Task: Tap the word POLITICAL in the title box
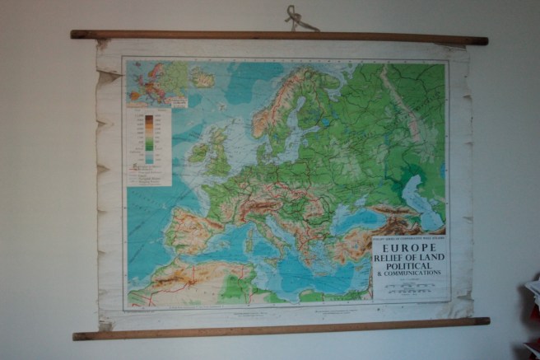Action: point(410,266)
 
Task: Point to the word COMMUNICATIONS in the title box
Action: point(414,274)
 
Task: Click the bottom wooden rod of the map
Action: point(280,328)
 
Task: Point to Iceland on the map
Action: point(202,79)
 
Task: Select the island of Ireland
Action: point(198,153)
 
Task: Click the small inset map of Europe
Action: point(157,85)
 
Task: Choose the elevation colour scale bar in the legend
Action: point(149,137)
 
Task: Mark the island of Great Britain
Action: point(219,157)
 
